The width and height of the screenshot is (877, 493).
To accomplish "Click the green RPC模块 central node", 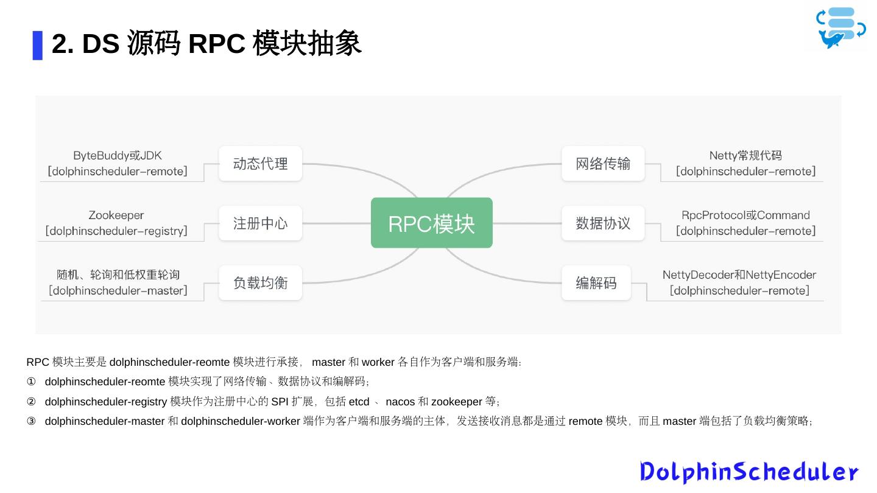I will coord(431,223).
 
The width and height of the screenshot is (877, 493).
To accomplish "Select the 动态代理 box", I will coord(260,163).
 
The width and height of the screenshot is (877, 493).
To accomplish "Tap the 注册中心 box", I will coord(260,223).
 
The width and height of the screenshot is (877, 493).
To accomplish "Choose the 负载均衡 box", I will coord(260,282).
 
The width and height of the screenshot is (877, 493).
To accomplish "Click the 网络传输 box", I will coord(602,163).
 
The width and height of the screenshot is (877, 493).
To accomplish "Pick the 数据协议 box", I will coord(602,223).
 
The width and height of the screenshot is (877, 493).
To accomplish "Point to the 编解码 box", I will coord(596,282).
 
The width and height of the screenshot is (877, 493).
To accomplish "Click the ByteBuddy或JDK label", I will coord(118,156).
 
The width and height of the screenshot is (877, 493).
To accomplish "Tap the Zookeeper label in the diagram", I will coord(116,215).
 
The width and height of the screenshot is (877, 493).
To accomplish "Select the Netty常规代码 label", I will coord(745,156).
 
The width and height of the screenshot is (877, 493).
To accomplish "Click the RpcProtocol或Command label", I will coord(745,215).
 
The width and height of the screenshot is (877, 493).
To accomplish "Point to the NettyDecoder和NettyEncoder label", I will coord(739,275).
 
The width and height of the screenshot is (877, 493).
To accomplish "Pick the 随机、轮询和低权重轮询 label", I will coord(118,275).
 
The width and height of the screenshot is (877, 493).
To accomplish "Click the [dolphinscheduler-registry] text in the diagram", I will coord(116,231).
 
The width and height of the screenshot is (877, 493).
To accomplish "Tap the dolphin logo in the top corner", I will coord(840,27).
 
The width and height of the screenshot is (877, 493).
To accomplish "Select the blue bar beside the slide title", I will coord(38,45).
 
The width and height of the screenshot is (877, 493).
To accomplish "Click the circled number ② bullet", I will coord(31,402).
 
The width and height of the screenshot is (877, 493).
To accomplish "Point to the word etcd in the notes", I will coord(359,402).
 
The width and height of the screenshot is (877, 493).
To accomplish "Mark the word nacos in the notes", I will coord(400,402).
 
